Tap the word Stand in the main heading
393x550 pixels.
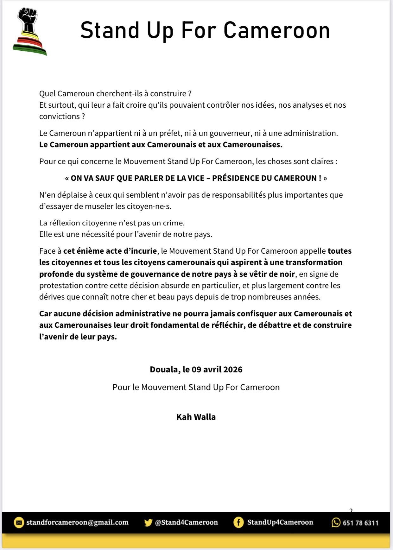click(x=110, y=31)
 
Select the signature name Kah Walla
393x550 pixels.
click(x=196, y=417)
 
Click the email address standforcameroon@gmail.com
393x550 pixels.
click(x=77, y=522)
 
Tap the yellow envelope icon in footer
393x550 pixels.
click(x=19, y=522)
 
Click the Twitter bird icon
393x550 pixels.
click(x=148, y=522)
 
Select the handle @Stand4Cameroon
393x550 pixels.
click(x=186, y=522)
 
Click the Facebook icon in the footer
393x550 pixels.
click(x=238, y=522)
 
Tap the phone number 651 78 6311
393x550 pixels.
click(x=360, y=523)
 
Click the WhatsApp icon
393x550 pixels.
click(x=336, y=522)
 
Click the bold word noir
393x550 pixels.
click(x=287, y=274)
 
